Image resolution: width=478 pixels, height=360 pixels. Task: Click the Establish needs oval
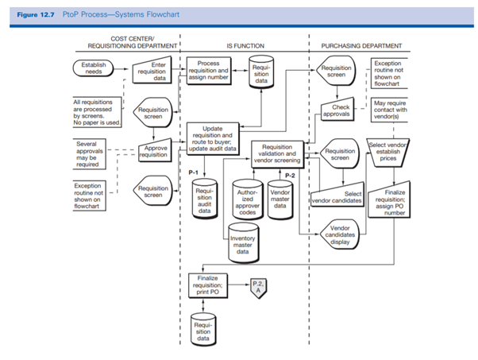[x=94, y=69]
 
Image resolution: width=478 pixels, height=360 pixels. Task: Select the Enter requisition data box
[x=152, y=72]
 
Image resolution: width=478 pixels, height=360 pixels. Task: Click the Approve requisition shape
[x=152, y=152]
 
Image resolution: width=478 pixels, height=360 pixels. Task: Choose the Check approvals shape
[x=341, y=110]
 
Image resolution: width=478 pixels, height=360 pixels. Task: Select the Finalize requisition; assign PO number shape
[x=395, y=202]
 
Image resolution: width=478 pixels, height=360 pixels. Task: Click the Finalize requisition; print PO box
[x=208, y=283]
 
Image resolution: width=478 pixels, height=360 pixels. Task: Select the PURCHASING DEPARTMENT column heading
[x=360, y=47]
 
